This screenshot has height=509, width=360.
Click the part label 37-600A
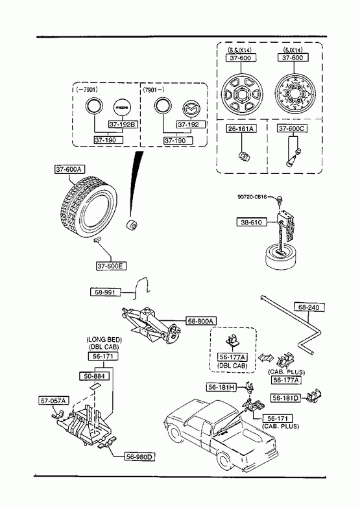[x=70, y=169]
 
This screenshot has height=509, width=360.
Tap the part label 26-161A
[x=241, y=128]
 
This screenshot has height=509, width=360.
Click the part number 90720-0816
[x=252, y=196]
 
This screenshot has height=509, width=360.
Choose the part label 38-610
[x=252, y=222]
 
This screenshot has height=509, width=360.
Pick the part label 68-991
[x=105, y=292]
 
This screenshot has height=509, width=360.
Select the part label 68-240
[x=309, y=307]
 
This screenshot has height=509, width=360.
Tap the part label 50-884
[x=95, y=376]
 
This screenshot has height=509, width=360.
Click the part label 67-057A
[x=54, y=401]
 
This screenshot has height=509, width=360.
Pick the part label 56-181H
[x=222, y=387]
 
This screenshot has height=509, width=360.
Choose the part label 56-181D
[x=286, y=398]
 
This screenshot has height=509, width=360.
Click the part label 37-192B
[x=123, y=124]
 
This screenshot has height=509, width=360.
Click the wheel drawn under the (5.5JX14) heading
[x=242, y=95]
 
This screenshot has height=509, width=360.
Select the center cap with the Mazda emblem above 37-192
[x=191, y=108]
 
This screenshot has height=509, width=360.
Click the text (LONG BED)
[x=104, y=340]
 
